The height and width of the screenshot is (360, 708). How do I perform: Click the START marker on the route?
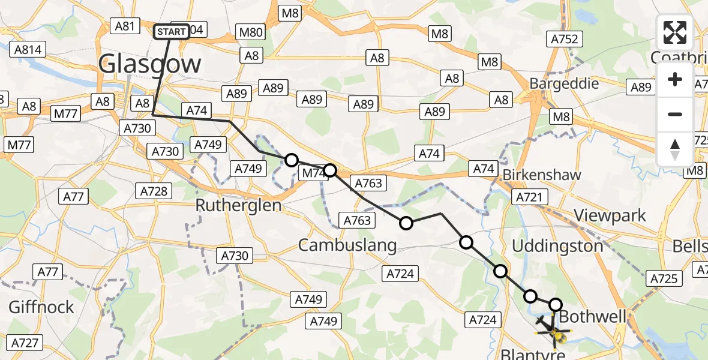click(x=172, y=32)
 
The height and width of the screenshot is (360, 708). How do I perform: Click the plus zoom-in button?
click(x=675, y=79)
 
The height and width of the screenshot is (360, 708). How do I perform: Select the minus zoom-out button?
click(x=675, y=114)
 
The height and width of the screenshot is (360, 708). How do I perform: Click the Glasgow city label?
click(x=149, y=64)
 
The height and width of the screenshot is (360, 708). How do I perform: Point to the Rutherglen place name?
click(x=238, y=205)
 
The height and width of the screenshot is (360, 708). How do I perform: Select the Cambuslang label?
click(x=347, y=245)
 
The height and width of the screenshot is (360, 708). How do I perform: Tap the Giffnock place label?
click(x=41, y=307)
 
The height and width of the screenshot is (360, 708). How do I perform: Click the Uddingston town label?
click(x=557, y=246)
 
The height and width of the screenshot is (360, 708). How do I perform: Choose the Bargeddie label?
click(x=564, y=83)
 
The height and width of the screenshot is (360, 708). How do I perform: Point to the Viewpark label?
click(x=610, y=215)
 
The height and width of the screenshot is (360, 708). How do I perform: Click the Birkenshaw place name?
click(x=542, y=175)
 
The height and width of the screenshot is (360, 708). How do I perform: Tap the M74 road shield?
click(x=313, y=173)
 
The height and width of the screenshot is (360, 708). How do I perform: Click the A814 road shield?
click(x=28, y=49)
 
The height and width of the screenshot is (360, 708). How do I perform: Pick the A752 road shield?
click(x=563, y=39)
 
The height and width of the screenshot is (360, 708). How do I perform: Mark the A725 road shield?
click(x=663, y=278)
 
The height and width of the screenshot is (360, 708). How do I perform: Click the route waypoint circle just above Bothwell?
click(x=556, y=305)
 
